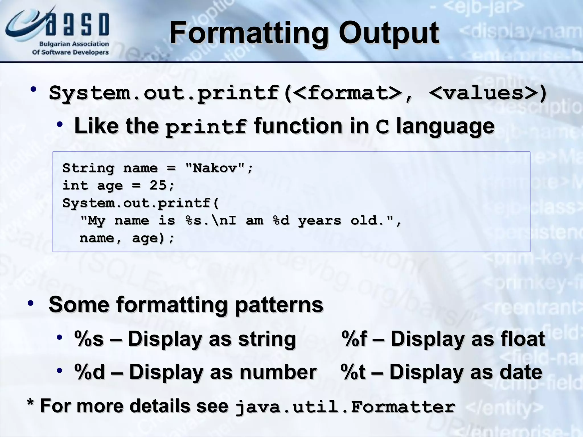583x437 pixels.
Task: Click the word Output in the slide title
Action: pyautogui.click(x=389, y=34)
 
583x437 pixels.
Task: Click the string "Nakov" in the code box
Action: pyautogui.click(x=215, y=168)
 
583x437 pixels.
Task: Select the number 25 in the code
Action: pyautogui.click(x=158, y=185)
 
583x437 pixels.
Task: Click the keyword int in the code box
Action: pyautogui.click(x=75, y=185)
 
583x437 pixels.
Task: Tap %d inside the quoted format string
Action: pyautogui.click(x=281, y=220)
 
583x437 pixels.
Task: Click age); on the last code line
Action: pyautogui.click(x=153, y=238)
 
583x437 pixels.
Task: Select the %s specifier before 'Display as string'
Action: pyautogui.click(x=89, y=339)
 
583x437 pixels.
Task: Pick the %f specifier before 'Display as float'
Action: pyautogui.click(x=354, y=339)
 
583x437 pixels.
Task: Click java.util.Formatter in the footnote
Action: pyautogui.click(x=345, y=407)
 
